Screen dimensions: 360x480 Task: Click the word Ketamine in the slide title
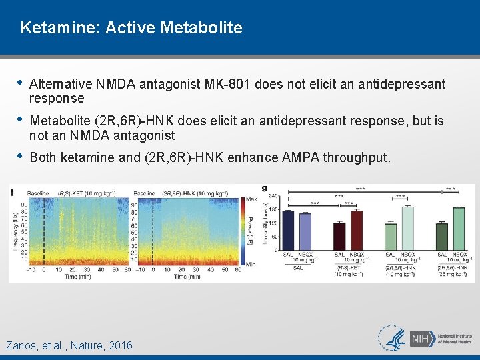(x=50, y=28)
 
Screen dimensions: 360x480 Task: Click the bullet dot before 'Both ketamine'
(x=20, y=157)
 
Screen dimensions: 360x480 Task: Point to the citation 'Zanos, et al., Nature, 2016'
(x=69, y=345)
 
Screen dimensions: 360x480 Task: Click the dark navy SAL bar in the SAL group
(x=288, y=230)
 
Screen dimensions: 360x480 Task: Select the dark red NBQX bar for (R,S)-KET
(x=357, y=230)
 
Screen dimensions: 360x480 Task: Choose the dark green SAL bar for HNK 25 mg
(x=441, y=237)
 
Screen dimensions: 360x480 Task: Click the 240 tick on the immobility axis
(x=274, y=195)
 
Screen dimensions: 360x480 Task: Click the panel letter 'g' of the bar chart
(x=265, y=189)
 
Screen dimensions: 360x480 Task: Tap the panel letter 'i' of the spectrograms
(x=13, y=193)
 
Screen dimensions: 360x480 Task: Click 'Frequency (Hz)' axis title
(x=15, y=227)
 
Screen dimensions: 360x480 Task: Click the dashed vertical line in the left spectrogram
(x=43, y=230)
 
